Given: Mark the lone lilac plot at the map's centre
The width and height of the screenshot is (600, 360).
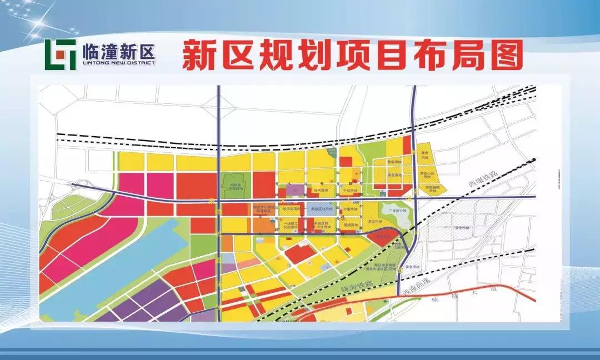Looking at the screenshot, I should pyautogui.click(x=296, y=190).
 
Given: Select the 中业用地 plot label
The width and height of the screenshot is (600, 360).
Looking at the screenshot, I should pyautogui.click(x=350, y=191).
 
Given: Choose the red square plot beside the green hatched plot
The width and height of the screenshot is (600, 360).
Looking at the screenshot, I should pyautogui.click(x=346, y=162).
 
